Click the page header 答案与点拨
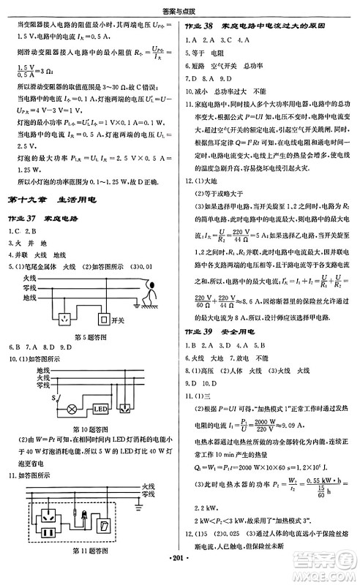pyautogui.click(x=179, y=8)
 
